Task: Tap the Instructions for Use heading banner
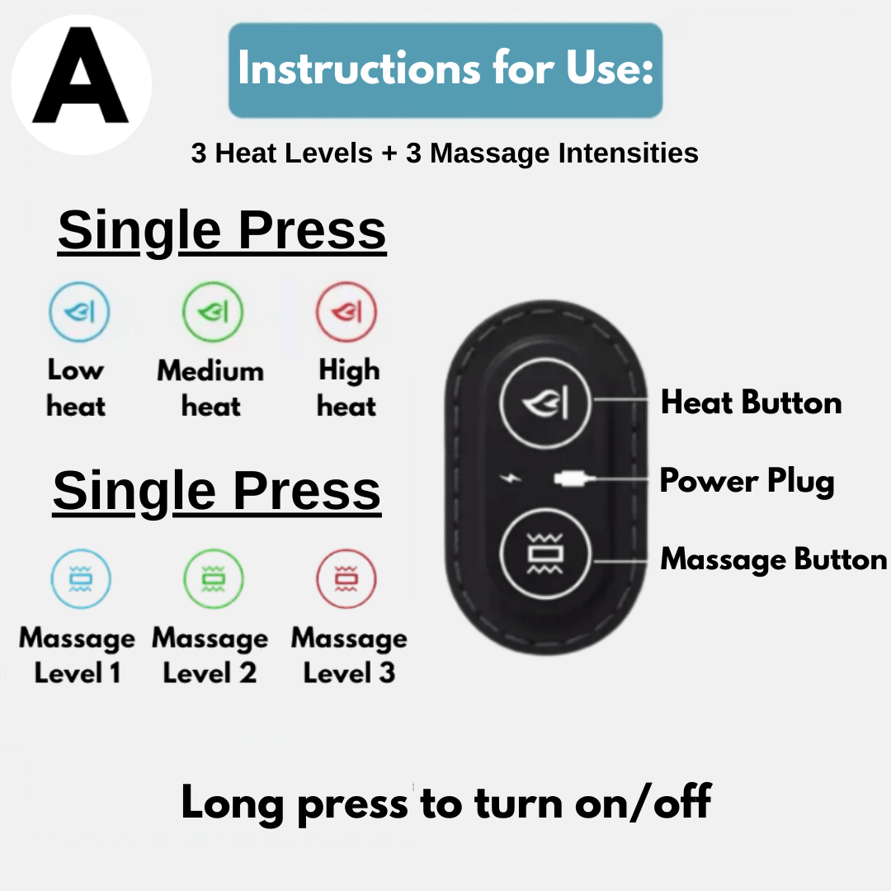(x=445, y=70)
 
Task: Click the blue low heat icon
(x=79, y=313)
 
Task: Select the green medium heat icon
(x=212, y=313)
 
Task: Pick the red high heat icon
(x=346, y=313)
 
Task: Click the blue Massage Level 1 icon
(x=80, y=580)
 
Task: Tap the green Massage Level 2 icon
(x=213, y=580)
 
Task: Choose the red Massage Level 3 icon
(x=346, y=580)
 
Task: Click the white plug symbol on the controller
(x=572, y=478)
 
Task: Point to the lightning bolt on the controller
(x=515, y=478)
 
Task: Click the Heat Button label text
(x=751, y=403)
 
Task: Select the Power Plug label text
(x=747, y=481)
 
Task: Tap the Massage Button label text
(x=773, y=559)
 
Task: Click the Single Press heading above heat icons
(x=222, y=230)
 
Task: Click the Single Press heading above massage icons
(x=217, y=492)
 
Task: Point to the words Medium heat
(x=211, y=388)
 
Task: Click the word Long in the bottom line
(x=233, y=803)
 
